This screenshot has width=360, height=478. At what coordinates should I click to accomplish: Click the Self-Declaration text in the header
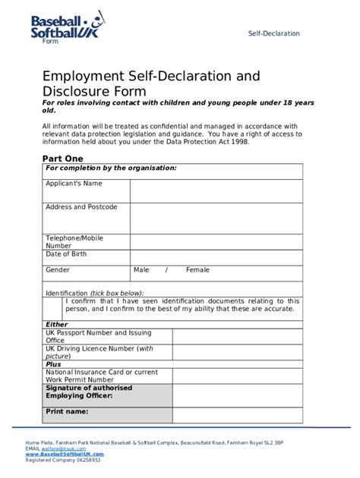coord(274,33)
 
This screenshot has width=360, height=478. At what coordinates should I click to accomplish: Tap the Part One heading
coord(62,158)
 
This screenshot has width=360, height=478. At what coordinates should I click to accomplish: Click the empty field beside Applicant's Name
coord(216,190)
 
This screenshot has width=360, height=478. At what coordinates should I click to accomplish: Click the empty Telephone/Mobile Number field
coord(216,241)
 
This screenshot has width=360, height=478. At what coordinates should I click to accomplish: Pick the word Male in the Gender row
coord(141,270)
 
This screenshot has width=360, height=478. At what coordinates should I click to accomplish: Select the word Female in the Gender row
coord(197,270)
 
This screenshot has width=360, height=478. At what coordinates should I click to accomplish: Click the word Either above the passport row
coord(57,325)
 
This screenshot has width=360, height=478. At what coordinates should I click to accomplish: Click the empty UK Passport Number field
coord(237,336)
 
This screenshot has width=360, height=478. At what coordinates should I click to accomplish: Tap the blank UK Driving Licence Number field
coord(237,352)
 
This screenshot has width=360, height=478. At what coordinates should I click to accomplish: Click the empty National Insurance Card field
coord(237,376)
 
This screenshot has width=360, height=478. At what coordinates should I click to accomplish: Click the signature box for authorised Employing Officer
coord(237,395)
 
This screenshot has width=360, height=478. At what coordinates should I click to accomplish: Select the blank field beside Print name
coord(237,414)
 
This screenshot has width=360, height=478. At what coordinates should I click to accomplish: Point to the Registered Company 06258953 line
coord(62,460)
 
